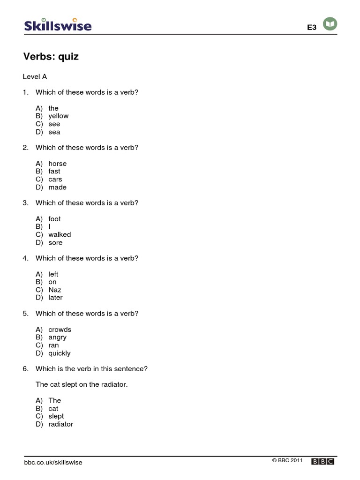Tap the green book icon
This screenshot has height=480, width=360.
tap(331, 24)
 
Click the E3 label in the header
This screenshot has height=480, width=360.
tap(312, 28)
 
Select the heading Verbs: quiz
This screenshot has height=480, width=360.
tap(51, 57)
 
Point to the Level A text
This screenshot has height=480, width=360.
tap(35, 76)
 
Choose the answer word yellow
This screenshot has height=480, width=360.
tap(58, 116)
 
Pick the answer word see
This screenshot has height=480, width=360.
tap(54, 124)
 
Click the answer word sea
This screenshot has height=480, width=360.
tap(54, 132)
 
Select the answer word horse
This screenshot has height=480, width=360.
tap(58, 164)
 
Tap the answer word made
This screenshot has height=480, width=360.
tap(58, 187)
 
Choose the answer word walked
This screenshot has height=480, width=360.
tap(60, 234)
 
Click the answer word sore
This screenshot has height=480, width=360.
tap(55, 242)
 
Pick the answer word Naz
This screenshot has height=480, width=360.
tap(55, 290)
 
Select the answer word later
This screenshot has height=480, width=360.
tap(55, 298)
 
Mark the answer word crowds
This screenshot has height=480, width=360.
tap(60, 330)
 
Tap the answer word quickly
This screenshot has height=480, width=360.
tap(60, 353)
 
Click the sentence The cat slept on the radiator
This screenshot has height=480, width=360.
tap(82, 384)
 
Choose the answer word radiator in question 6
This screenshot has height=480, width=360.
tap(61, 424)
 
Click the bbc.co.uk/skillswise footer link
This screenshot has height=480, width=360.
tap(53, 462)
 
